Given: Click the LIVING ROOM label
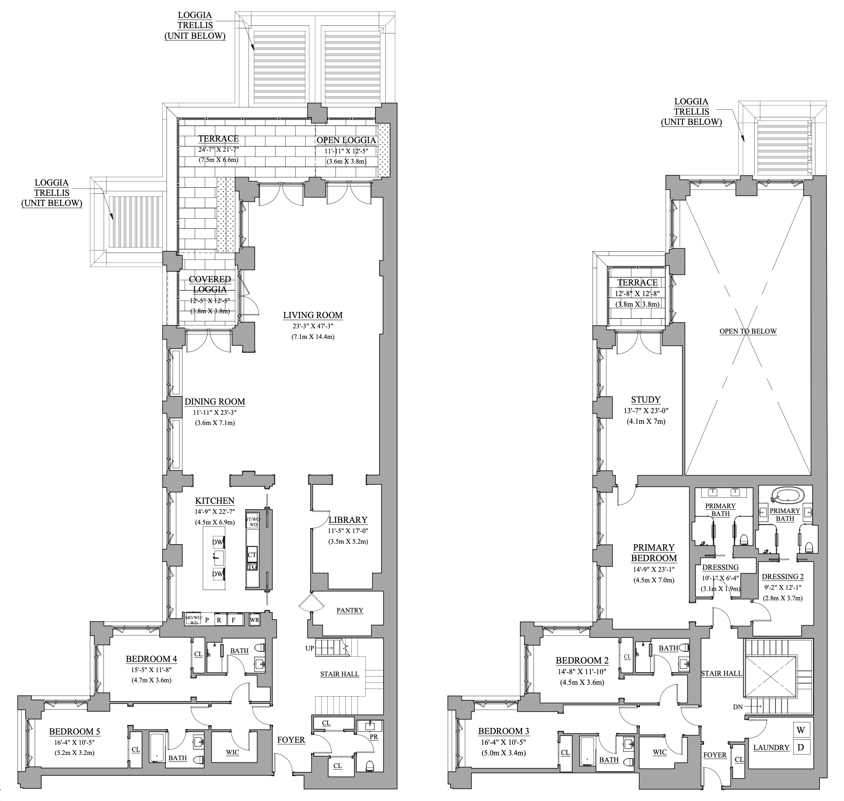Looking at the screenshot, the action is pos(313,316).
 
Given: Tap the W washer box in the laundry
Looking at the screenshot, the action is pos(800,730).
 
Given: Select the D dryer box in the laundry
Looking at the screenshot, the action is pos(800,748).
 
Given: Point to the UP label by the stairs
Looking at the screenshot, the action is pos(309,648).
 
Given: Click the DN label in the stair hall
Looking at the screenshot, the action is pos(737,707).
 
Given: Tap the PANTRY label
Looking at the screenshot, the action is pos(350,611).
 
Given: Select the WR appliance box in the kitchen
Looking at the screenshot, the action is pos(254,620).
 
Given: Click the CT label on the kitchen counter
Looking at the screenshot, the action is pos(252,555).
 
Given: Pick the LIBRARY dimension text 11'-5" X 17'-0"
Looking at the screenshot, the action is pos(348,531).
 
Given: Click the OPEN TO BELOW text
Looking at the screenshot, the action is pos(748,331).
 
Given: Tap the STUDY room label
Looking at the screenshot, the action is pos(646,400).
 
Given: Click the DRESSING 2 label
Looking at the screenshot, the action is pos(782,577).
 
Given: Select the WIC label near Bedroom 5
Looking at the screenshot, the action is pos(233,752).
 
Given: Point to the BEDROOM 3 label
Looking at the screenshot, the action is pos(503,731).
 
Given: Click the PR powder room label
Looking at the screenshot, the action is pos(374,737).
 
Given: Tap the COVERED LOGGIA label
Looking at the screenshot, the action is pos(210,284).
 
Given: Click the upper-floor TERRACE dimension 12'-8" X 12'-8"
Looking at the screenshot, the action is pos(637,294).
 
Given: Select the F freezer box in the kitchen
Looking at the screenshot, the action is pos(234,620).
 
